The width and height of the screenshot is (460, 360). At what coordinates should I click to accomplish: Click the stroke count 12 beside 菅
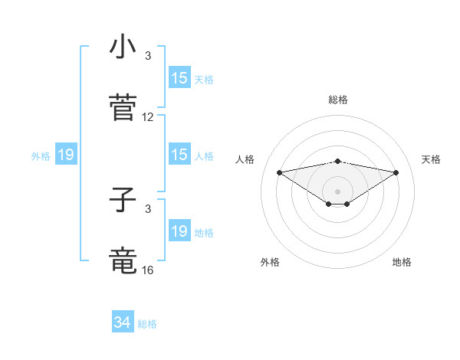point(148,117)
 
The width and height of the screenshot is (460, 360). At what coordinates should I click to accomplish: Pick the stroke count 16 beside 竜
point(148,270)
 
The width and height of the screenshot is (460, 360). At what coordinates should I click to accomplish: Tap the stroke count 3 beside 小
point(148,56)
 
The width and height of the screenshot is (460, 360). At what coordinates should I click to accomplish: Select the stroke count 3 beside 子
point(148,208)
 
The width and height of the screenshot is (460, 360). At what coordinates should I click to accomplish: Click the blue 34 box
point(123,322)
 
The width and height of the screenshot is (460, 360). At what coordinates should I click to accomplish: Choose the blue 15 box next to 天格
point(179,78)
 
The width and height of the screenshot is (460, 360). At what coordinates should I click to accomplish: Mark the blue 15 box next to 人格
point(179,155)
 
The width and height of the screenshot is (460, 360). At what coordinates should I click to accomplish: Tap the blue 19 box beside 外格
point(65,155)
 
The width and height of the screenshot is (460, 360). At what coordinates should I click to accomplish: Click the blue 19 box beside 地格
point(179,231)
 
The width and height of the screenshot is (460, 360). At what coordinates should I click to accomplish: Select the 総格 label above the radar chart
point(338,100)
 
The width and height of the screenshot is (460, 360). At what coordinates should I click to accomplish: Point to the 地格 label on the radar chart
point(402,262)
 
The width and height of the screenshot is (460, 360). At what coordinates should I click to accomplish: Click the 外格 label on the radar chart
point(270,262)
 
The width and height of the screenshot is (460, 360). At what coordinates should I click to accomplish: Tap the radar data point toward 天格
point(396,172)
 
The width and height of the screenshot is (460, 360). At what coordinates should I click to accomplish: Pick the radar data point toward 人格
point(279,172)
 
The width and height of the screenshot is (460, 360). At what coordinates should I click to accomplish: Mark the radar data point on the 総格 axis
point(338,161)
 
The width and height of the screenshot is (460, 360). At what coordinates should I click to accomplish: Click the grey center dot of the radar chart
point(338,191)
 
